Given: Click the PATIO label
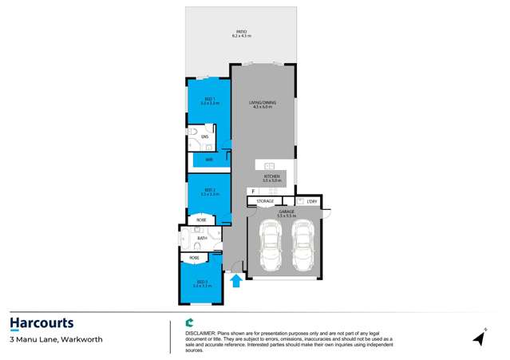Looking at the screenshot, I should point(240,32).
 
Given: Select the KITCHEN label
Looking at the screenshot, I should point(271,176).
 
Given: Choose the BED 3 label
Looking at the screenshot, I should point(202,282).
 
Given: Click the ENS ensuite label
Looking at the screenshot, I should point(205,137).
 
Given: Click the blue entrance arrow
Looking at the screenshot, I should point(235,279).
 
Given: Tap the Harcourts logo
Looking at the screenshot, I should point(42,323).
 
